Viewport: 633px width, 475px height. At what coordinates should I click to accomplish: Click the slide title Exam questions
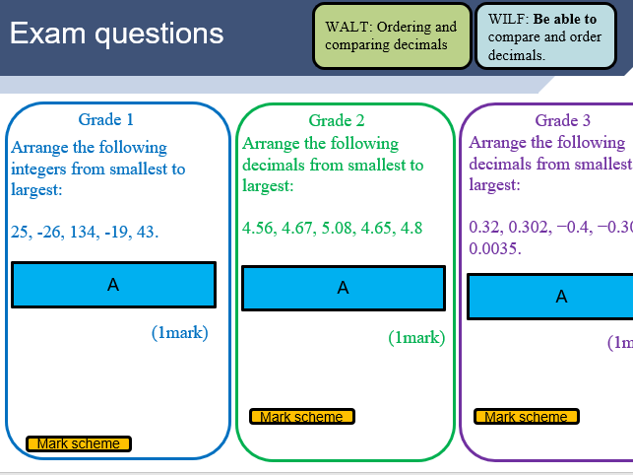(116, 34)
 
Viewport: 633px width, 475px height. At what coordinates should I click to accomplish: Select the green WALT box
(391, 36)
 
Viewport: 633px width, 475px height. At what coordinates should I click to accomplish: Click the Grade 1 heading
(105, 120)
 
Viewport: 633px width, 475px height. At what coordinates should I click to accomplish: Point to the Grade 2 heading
(337, 120)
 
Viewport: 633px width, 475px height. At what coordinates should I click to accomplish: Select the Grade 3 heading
(563, 120)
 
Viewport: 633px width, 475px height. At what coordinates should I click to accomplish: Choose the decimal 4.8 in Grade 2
(411, 229)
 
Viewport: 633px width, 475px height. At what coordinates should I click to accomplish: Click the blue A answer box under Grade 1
(113, 285)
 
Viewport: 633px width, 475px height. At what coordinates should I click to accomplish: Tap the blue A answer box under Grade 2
(343, 288)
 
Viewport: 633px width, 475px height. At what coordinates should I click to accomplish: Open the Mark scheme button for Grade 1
(79, 443)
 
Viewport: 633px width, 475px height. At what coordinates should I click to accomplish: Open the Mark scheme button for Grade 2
(301, 417)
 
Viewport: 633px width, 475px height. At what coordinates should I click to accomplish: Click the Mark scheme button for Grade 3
(526, 417)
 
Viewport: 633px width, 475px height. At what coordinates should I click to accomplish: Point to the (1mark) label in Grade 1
(180, 333)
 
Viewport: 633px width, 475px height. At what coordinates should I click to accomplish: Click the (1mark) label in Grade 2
(416, 338)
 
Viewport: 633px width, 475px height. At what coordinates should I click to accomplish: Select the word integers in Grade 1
(40, 169)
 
